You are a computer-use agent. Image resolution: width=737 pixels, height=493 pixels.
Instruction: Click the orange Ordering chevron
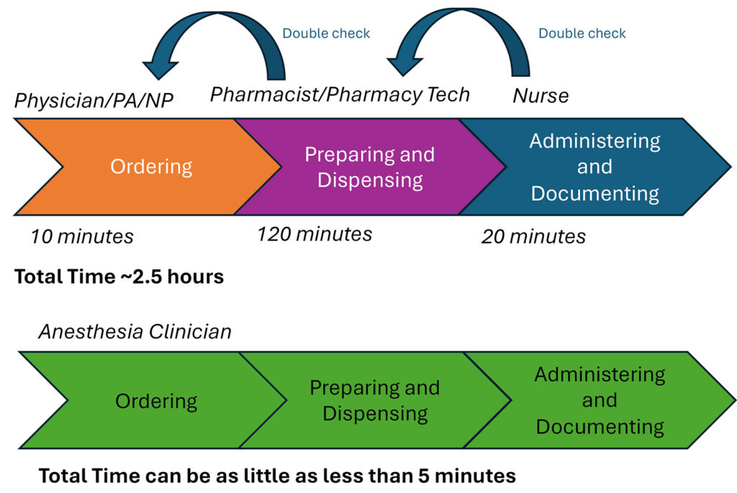[x=151, y=167]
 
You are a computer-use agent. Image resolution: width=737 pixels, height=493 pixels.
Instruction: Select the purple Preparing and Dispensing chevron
[x=370, y=167]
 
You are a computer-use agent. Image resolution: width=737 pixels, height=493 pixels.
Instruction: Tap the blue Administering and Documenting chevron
[x=594, y=167]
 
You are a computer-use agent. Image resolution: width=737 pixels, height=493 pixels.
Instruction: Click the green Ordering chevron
[x=156, y=400]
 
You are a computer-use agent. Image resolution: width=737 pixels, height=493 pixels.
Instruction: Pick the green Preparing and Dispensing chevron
[x=375, y=400]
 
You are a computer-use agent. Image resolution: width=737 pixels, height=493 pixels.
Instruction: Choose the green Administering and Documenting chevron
[x=600, y=400]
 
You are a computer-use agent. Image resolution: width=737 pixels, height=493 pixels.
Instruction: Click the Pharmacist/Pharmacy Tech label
[x=340, y=94]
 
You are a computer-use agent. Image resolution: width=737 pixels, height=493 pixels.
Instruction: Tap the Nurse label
[x=541, y=95]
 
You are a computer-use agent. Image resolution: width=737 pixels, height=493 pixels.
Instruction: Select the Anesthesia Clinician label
[x=135, y=331]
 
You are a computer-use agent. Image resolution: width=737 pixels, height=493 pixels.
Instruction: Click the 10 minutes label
[x=82, y=236]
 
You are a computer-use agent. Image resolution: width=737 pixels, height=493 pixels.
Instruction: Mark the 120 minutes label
[x=315, y=234]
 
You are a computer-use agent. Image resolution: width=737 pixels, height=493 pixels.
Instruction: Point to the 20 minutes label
[x=533, y=236]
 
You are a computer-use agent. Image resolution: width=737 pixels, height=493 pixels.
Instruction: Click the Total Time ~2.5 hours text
[x=119, y=276]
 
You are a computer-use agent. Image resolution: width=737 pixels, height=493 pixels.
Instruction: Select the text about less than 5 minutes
[x=277, y=476]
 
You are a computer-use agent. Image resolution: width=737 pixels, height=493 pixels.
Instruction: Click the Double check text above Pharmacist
[x=326, y=33]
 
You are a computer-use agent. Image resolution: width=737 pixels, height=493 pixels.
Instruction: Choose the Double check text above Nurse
[x=582, y=33]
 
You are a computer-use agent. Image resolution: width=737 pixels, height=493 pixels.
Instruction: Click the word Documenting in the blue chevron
[x=594, y=193]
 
